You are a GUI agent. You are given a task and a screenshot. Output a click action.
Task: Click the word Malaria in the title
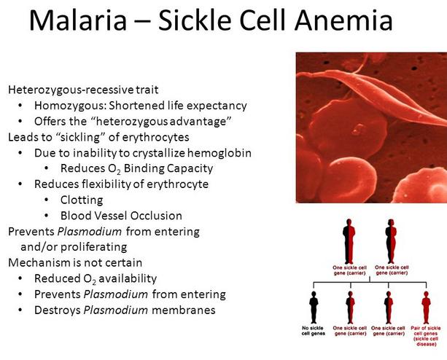(x=78, y=20)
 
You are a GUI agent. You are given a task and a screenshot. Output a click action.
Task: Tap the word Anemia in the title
(x=343, y=20)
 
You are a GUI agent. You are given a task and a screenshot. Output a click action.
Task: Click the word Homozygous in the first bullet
(x=70, y=106)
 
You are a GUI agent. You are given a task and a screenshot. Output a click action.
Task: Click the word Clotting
(x=82, y=200)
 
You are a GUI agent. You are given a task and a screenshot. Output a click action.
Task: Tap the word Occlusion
(x=156, y=216)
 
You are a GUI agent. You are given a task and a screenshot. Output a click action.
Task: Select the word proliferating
(x=94, y=247)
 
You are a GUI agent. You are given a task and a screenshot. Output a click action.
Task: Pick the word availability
(x=128, y=278)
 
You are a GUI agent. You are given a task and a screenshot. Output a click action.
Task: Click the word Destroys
(x=58, y=310)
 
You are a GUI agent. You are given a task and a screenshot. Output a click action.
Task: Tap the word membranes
(x=184, y=310)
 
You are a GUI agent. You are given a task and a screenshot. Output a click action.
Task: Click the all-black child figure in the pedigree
(x=314, y=307)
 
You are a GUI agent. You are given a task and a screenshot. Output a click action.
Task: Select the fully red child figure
(x=426, y=307)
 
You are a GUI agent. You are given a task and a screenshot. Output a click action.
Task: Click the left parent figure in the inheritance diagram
(x=349, y=241)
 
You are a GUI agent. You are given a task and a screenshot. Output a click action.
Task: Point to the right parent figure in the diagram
(x=391, y=241)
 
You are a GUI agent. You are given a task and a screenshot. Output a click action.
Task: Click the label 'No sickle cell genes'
(x=314, y=331)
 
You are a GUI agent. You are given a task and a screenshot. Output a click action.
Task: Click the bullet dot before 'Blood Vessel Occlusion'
(x=47, y=216)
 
